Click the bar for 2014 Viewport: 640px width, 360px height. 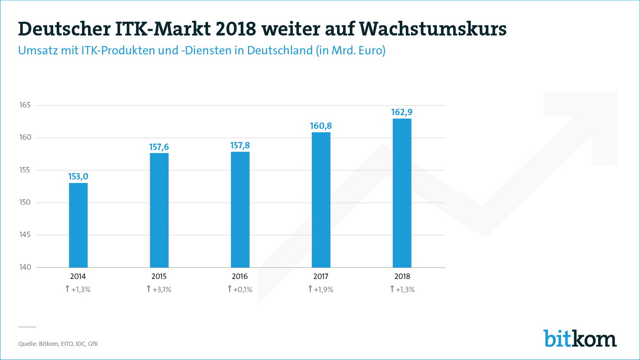(x=78, y=225)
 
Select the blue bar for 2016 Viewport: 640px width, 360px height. (x=240, y=209)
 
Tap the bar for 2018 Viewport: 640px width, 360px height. (x=402, y=193)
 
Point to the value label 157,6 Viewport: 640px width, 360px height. (x=159, y=147)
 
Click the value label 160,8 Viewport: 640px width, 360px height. (x=321, y=126)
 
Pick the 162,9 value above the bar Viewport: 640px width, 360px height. (x=402, y=112)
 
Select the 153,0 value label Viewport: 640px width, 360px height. (x=78, y=177)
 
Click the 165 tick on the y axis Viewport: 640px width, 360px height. (x=25, y=105)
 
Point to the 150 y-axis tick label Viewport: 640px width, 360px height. (x=25, y=202)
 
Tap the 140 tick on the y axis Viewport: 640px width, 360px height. (x=25, y=267)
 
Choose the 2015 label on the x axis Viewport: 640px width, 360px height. (x=159, y=276)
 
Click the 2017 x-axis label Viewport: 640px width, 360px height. (x=321, y=276)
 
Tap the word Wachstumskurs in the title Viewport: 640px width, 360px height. (x=433, y=29)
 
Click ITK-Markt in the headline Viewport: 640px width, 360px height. (x=163, y=29)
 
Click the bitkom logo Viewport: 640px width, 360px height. (x=580, y=339)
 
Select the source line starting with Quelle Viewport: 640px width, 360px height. (x=58, y=344)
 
